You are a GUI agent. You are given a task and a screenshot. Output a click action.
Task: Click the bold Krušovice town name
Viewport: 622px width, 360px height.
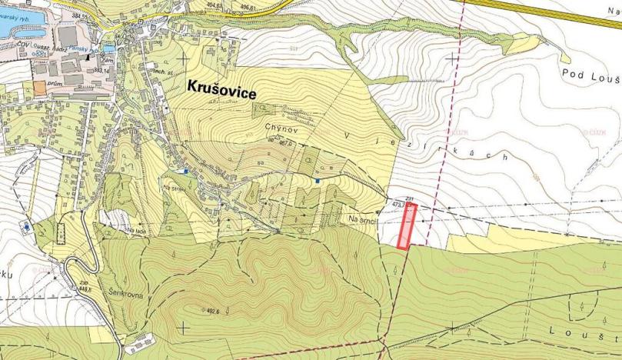click(x=222, y=90)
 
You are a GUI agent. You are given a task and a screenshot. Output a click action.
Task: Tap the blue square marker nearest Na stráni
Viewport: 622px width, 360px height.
click(x=185, y=171)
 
